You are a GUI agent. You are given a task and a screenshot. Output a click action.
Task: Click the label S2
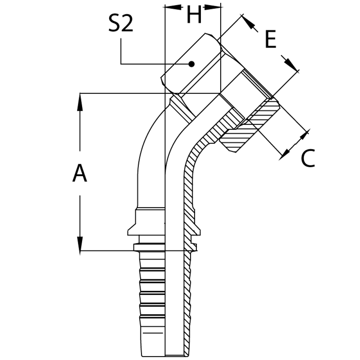point(121,24)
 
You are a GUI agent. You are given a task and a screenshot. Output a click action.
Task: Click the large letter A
point(80,174)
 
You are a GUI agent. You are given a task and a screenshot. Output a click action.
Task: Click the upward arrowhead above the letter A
point(80,99)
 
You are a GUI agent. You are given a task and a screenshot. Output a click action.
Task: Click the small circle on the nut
point(193,64)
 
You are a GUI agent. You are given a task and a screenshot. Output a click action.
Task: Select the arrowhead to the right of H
point(212,7)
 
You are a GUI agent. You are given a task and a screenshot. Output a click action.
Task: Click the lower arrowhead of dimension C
point(285,153)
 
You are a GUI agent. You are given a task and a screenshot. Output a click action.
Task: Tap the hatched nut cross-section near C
point(252,126)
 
